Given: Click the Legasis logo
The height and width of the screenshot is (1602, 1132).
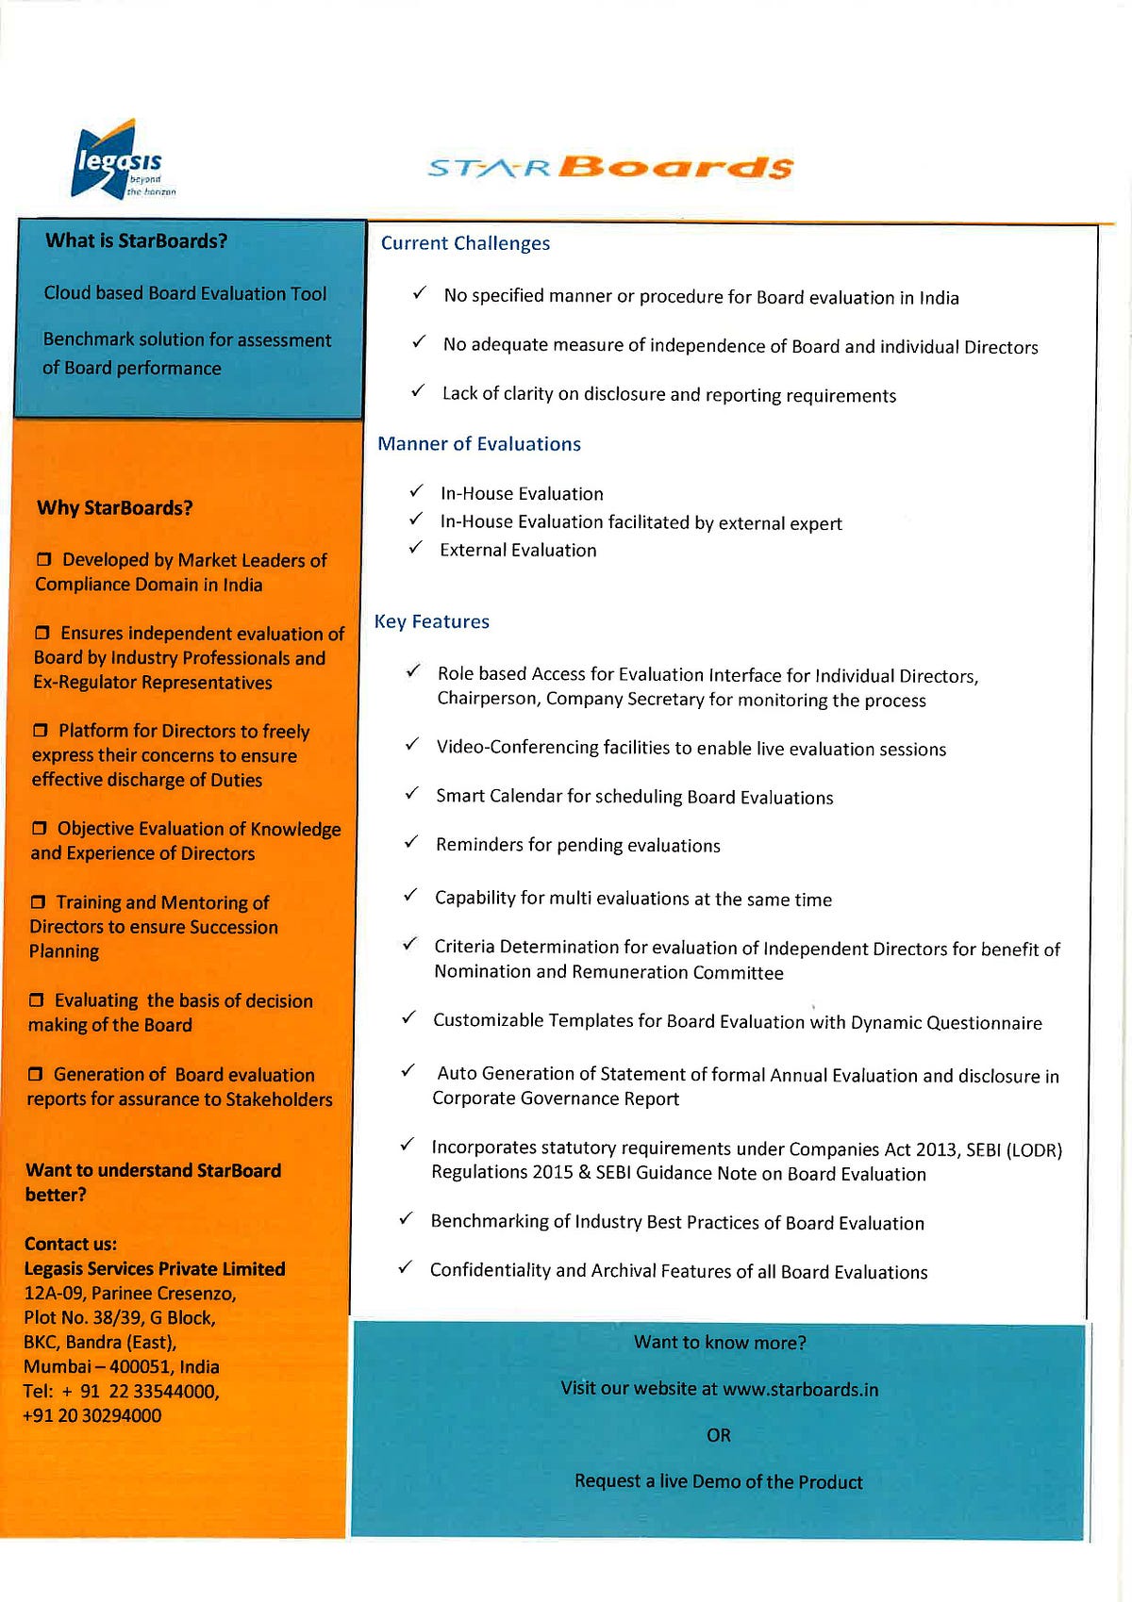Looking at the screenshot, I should (x=120, y=160).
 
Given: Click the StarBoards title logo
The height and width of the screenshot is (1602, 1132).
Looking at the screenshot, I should (x=610, y=167).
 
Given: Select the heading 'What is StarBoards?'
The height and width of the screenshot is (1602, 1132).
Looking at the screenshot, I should (x=137, y=241).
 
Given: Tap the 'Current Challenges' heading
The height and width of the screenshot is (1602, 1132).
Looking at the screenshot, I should (x=465, y=243).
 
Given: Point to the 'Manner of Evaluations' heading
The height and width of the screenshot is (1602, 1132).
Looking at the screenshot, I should (x=479, y=444).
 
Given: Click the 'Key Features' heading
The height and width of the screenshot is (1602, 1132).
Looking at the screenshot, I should (x=432, y=621).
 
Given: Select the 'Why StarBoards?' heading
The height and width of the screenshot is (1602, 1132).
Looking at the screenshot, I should (x=115, y=508).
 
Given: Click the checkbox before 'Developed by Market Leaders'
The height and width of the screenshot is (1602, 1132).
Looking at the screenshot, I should (x=43, y=560).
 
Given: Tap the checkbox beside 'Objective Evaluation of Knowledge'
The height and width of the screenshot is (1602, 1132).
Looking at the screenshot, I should (x=39, y=829).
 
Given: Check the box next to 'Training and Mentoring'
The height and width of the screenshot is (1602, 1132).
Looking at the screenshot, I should (x=38, y=903).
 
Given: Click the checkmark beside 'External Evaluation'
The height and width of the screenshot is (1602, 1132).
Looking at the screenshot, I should (x=415, y=548).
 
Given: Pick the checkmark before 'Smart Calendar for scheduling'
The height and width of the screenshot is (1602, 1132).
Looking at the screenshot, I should (x=411, y=794).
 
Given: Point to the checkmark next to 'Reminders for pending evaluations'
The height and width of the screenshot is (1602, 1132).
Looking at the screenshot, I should (x=411, y=842).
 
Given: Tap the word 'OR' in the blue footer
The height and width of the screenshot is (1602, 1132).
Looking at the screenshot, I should (x=719, y=1435).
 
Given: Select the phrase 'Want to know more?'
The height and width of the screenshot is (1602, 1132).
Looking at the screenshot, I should (x=720, y=1343).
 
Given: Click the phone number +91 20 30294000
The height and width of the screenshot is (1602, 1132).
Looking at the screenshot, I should (x=92, y=1416).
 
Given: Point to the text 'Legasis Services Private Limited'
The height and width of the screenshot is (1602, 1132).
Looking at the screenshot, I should (x=155, y=1269).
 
